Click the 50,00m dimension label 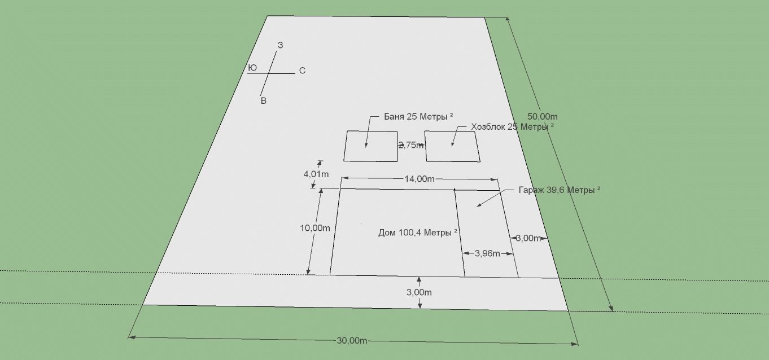(539, 117)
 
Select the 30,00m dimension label (352, 341)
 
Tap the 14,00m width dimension (420, 179)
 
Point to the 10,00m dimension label (315, 228)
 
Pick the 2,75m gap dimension (410, 145)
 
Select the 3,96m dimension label (487, 253)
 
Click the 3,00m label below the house (420, 292)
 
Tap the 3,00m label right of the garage (528, 238)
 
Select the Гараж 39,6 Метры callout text (559, 190)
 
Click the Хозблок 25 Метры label (512, 127)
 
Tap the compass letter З (281, 45)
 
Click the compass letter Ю (252, 68)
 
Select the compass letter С (302, 71)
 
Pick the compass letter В (263, 101)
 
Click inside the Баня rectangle (371, 146)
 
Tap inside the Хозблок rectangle (452, 147)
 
